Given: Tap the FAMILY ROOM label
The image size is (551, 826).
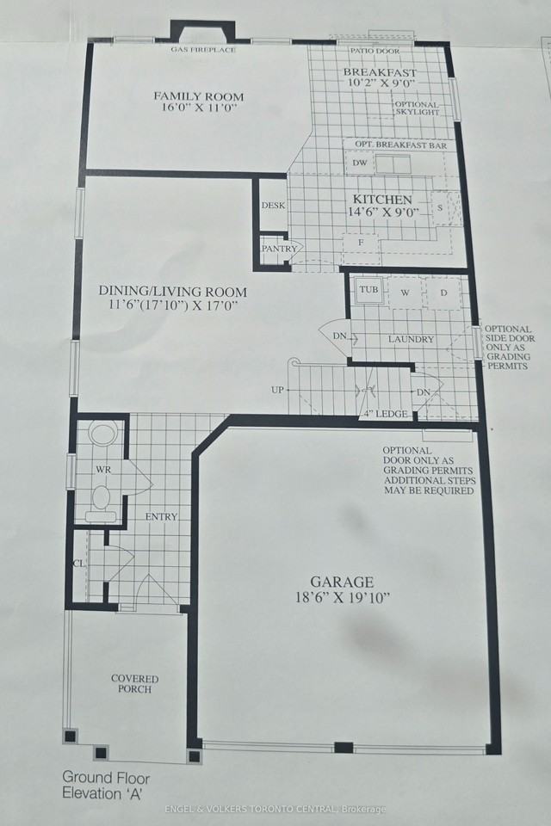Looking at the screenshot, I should coord(199,96).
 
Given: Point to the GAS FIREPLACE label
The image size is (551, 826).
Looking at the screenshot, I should coord(203,50).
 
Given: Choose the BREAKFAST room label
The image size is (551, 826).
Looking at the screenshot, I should coord(380,72).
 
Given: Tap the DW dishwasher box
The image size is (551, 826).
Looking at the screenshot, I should coord(360,163).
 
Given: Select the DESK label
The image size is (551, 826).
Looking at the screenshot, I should coord(273,206).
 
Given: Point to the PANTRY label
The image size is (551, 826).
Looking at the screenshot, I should coord(279,250).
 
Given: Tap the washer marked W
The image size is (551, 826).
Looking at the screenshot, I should coord(404,293).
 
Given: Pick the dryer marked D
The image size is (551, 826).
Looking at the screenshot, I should coord(444,293).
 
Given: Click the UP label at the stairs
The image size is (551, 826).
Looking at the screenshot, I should coord(277,390).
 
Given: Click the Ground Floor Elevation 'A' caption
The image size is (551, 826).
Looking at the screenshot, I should coord(105,784).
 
